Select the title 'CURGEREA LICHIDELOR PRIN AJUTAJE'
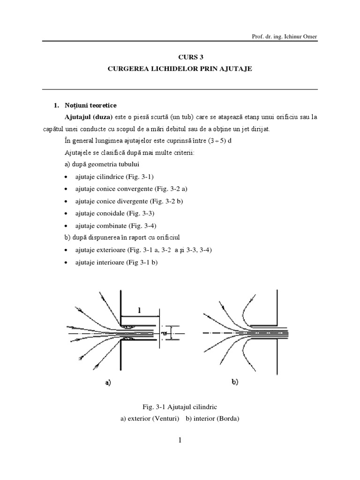pos(180,69)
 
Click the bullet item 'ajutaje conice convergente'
pos(127,189)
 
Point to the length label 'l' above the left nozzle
pos(139,309)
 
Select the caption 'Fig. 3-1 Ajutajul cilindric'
pos(180,407)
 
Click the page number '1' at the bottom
pos(180,440)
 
